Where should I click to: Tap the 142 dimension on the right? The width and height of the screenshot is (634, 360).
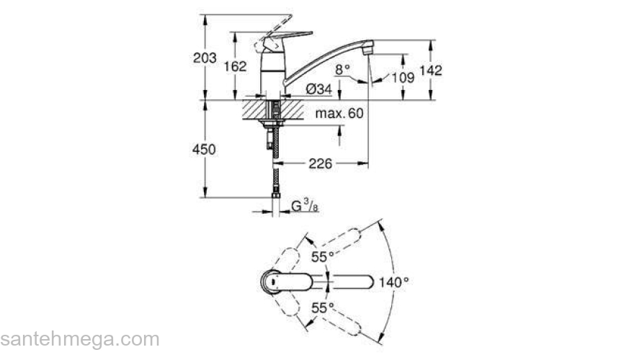click(430, 70)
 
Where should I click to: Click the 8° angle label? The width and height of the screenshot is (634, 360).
click(342, 69)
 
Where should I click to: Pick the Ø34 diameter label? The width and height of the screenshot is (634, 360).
click(318, 89)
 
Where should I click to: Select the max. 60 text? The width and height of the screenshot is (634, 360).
click(339, 114)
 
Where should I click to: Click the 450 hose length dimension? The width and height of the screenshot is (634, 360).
click(205, 149)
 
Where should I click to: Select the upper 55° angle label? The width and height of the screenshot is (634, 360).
click(322, 256)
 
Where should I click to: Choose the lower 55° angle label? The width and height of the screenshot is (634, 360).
click(322, 307)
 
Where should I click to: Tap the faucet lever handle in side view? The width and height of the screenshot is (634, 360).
click(285, 37)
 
